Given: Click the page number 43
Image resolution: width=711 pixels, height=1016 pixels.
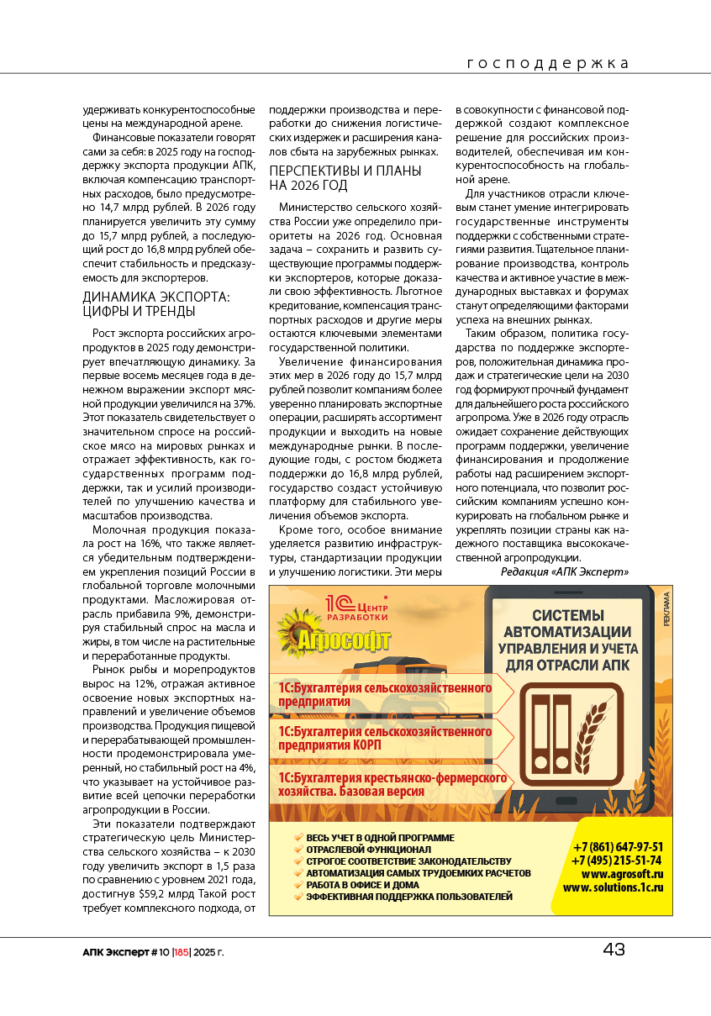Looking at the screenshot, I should [x=614, y=950].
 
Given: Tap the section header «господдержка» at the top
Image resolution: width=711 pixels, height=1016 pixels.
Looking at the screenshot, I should [x=547, y=64].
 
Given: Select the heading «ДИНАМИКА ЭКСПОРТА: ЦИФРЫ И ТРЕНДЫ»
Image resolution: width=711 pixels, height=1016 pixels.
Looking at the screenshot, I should [x=155, y=304].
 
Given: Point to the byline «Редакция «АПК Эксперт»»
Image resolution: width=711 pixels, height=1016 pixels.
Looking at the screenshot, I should [x=564, y=571].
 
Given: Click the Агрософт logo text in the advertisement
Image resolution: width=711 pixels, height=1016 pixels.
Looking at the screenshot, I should [x=345, y=643].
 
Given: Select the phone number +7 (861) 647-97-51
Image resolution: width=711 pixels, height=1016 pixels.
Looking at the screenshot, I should [x=617, y=847].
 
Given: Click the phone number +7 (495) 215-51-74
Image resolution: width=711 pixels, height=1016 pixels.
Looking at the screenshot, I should [x=617, y=861].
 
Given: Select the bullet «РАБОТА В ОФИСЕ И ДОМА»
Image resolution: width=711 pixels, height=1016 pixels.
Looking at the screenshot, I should [x=362, y=885].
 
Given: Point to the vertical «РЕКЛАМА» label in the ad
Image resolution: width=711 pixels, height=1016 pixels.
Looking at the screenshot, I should [x=666, y=609].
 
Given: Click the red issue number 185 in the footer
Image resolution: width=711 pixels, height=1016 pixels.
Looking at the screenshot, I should [x=182, y=952].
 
